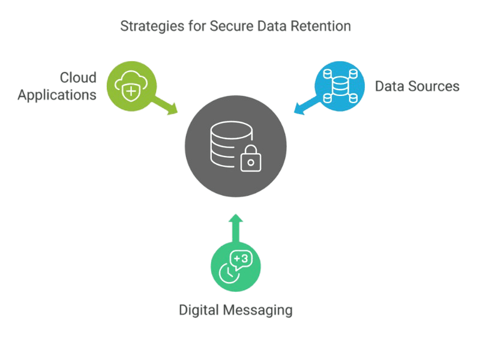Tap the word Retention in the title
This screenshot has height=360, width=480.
(323, 27)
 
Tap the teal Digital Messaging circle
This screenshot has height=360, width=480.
(236, 266)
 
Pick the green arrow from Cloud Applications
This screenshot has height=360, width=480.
(163, 105)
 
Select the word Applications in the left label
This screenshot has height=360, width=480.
(57, 95)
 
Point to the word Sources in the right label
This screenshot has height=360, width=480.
(433, 86)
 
